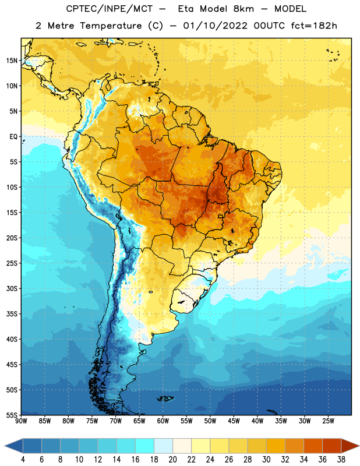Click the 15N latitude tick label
12,61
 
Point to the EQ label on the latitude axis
13,137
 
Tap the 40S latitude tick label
12,339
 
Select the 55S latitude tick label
12,415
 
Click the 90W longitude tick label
21,421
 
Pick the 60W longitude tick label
163,421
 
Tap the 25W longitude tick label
328,421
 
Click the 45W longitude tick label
234,421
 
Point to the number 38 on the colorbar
341,460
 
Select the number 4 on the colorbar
23,460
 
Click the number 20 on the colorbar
172,460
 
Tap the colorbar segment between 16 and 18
145,446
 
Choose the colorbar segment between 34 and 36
313,446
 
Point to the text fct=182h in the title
314,26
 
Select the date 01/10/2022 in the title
215,26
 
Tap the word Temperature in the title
111,26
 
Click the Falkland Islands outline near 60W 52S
165,398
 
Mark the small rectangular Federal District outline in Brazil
221,216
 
